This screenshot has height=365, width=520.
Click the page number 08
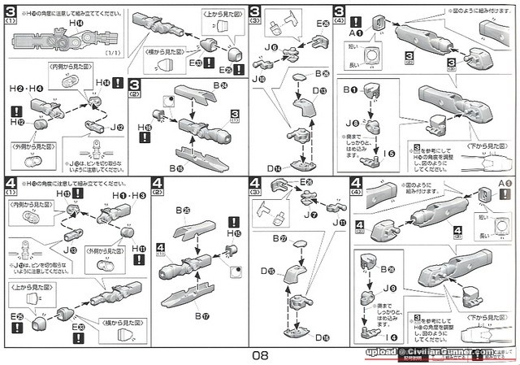[259, 354]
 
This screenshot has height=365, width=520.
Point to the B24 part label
[220, 85]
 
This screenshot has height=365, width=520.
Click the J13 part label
[58, 250]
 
